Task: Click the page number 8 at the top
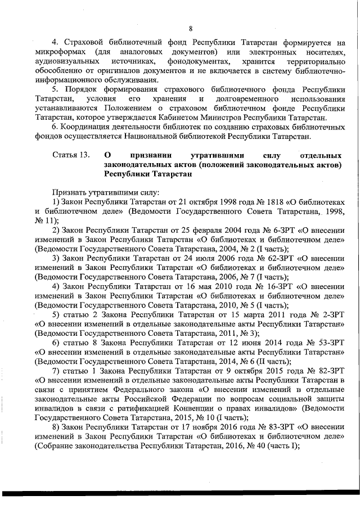click(x=191, y=29)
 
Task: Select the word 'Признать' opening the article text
click(x=70, y=191)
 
